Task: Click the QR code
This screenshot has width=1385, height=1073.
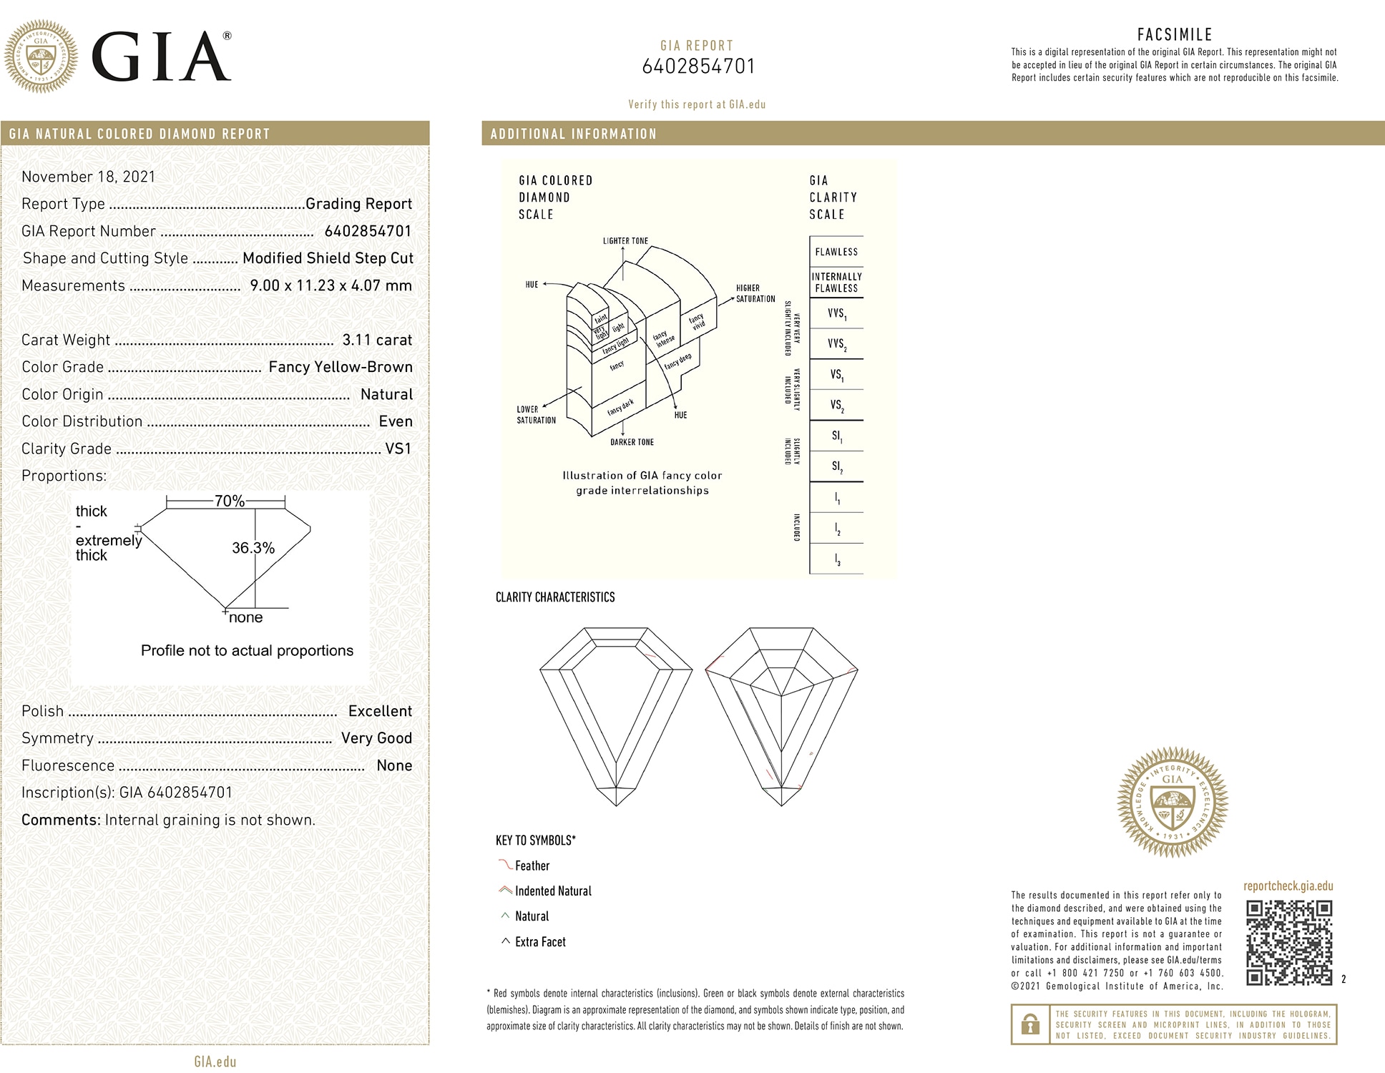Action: click(x=1288, y=943)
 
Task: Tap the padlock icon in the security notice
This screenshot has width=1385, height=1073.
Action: click(x=1030, y=1024)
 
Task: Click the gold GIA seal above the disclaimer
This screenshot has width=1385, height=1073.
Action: click(x=1173, y=802)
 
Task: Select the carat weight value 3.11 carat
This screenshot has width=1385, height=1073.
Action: click(x=377, y=340)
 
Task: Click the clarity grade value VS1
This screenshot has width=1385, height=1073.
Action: click(x=398, y=449)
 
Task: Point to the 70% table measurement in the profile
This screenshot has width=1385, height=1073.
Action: click(x=230, y=501)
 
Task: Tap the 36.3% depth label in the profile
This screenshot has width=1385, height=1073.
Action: click(x=253, y=548)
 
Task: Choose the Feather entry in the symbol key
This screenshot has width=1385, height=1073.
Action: click(x=532, y=866)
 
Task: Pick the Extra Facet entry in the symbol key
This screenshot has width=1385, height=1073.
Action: click(x=540, y=942)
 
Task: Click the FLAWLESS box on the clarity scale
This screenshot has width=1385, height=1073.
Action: click(x=836, y=252)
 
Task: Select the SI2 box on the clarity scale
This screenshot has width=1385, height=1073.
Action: click(x=836, y=466)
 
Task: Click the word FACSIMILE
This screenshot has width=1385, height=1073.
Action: click(x=1175, y=34)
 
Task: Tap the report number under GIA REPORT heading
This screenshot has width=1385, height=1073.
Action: click(x=698, y=67)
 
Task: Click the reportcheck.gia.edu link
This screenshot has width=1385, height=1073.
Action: click(x=1288, y=886)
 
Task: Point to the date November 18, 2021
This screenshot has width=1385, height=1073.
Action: click(x=88, y=177)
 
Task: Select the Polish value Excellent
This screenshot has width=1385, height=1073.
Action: click(x=380, y=711)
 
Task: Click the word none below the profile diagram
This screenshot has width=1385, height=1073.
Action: click(x=246, y=617)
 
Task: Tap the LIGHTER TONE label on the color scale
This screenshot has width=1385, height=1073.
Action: click(x=625, y=241)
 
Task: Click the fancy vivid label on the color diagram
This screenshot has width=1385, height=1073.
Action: click(x=697, y=320)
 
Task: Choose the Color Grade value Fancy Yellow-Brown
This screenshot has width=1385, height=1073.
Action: click(x=341, y=367)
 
